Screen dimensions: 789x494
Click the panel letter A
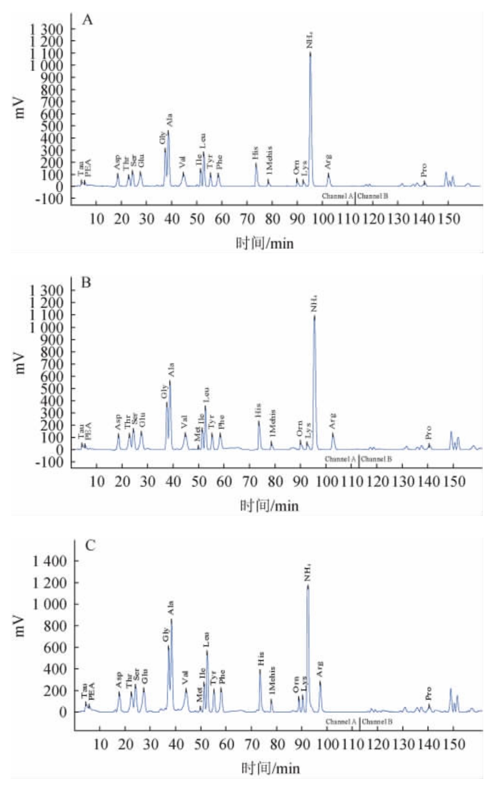pos(87,20)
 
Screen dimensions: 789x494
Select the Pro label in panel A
pos(424,170)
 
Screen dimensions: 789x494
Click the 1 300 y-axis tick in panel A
pos(46,29)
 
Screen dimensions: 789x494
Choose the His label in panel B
pos(258,410)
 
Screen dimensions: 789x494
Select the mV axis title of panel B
pos(20,363)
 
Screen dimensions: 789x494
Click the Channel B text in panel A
pos(373,196)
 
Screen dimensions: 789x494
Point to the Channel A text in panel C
pos(341,722)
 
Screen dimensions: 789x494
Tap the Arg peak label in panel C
pos(320,669)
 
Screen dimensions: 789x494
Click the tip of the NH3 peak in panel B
pos(314,316)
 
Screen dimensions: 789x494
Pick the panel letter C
pos(90,545)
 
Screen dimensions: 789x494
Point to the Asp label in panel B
pos(118,422)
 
